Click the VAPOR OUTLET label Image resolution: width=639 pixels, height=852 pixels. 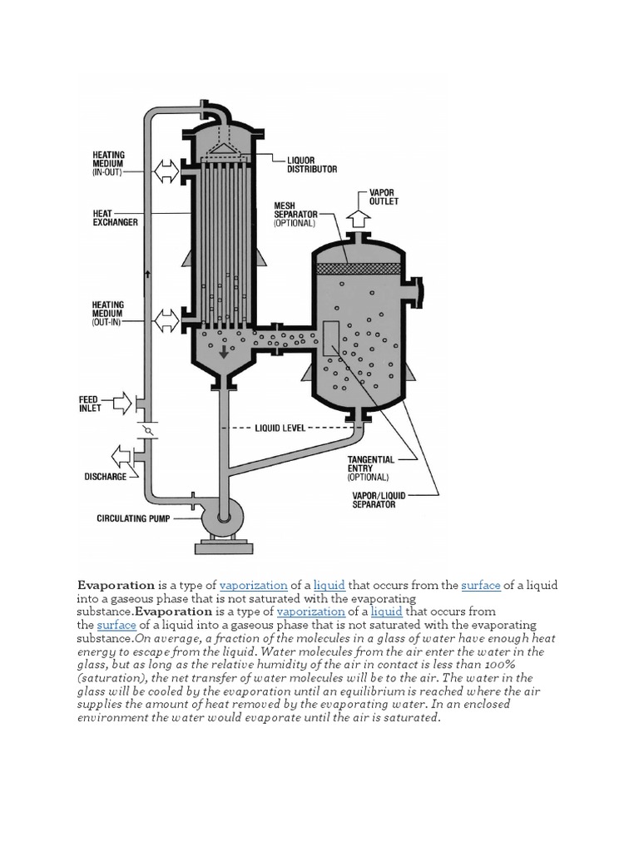383,196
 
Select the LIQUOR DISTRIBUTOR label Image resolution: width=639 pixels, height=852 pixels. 311,163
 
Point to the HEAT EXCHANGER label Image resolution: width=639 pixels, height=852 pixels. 115,218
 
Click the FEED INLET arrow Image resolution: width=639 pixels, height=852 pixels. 121,404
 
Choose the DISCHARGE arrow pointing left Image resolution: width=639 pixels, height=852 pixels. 121,456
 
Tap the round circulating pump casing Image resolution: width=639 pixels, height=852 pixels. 222,518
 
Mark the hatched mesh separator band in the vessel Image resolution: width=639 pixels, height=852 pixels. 359,270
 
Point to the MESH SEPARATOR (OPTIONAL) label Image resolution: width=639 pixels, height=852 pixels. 295,214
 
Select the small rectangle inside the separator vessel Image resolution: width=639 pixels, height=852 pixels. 330,341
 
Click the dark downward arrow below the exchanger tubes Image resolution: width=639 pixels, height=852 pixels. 223,353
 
